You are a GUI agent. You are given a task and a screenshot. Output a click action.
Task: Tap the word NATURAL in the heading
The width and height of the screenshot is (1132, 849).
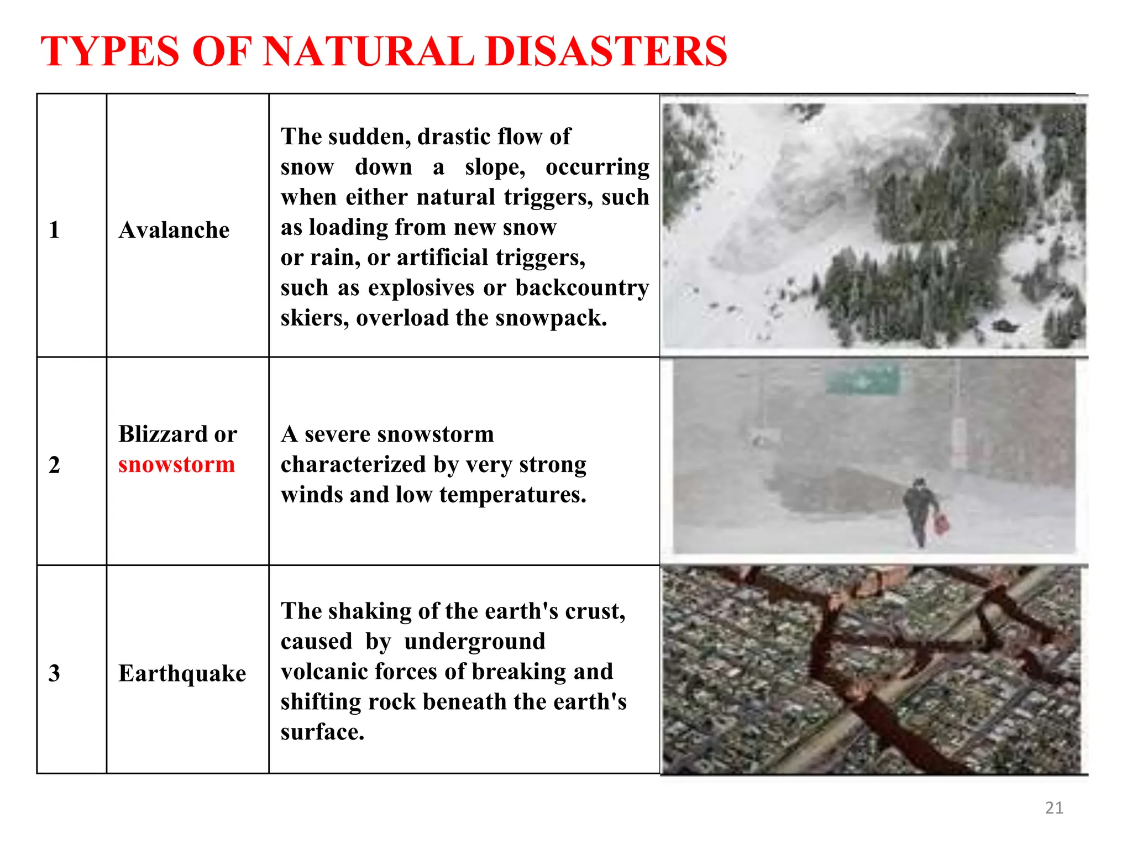[368, 51]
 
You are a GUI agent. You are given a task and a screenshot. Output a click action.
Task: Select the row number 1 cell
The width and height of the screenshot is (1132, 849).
[54, 230]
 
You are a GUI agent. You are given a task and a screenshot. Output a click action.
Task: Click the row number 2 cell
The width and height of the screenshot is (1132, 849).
[54, 465]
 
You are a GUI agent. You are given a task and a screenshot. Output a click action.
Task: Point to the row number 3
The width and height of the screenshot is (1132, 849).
[54, 673]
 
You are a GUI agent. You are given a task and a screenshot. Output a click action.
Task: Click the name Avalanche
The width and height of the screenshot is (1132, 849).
[174, 230]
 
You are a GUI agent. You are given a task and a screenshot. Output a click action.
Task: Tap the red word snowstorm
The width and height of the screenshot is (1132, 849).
[176, 464]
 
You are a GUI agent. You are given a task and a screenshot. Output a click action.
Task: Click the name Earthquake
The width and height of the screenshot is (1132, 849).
[182, 673]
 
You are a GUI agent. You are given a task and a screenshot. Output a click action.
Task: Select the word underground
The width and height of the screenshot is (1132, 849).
[474, 641]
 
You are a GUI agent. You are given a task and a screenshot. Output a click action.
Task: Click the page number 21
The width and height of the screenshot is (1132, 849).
[1054, 808]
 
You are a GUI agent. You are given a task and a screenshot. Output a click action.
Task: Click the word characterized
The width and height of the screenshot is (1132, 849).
[353, 465]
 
